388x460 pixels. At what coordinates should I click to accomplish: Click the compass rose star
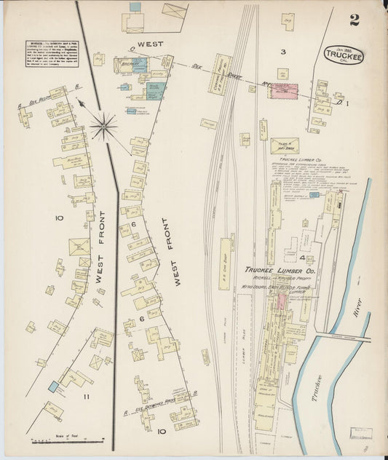[103, 126]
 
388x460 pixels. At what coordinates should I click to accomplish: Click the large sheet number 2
[354, 20]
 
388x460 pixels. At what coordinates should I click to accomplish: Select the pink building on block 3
[285, 90]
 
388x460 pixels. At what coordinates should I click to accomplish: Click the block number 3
[284, 52]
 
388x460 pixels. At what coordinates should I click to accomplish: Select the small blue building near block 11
[52, 386]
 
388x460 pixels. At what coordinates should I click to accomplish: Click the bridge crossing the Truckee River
[342, 337]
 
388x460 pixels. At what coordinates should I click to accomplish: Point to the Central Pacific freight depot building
[219, 74]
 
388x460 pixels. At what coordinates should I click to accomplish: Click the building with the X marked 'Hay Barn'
[284, 146]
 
